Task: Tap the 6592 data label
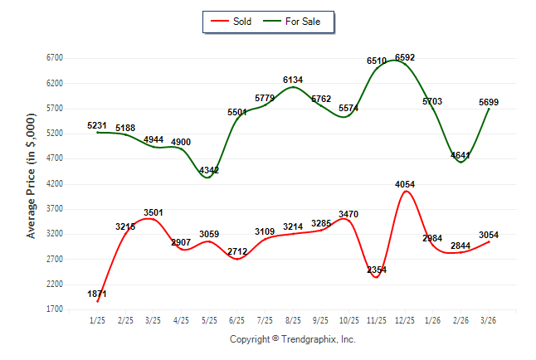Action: [406, 57]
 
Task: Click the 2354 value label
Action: [377, 270]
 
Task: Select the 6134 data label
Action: [293, 80]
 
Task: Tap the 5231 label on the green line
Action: [98, 125]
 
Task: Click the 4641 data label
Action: [460, 155]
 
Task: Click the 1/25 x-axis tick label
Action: [98, 321]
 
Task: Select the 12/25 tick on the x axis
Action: [405, 321]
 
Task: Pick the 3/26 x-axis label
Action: [489, 321]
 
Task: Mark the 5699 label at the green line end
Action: [490, 102]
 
